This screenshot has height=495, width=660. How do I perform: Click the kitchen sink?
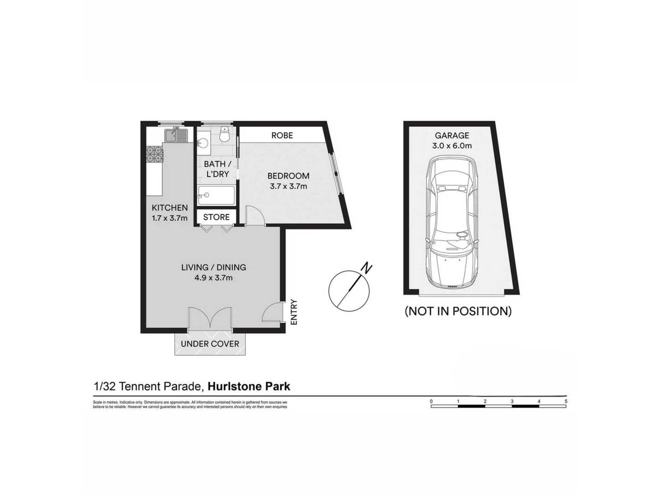click(x=176, y=135)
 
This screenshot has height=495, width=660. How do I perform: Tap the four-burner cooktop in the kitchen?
click(x=155, y=154)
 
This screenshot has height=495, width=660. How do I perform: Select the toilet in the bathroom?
click(x=225, y=134)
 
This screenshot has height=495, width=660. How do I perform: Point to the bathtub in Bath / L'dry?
click(x=216, y=195)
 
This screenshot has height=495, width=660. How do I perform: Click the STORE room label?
click(x=216, y=217)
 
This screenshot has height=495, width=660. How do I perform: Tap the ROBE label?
click(x=282, y=135)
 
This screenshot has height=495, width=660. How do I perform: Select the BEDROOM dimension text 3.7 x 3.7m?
click(x=288, y=186)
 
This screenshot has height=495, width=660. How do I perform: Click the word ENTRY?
click(x=294, y=312)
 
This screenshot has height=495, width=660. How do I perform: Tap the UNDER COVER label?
click(x=210, y=344)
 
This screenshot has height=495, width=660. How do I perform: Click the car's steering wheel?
click(x=461, y=235)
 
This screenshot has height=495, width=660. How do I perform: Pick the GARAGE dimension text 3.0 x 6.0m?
click(x=452, y=146)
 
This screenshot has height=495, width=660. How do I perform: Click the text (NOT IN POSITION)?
click(x=458, y=311)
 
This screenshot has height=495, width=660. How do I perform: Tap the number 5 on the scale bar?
click(x=566, y=401)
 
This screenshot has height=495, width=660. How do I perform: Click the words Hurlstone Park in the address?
click(x=249, y=386)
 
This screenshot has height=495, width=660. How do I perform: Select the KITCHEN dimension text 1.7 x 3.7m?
click(x=170, y=218)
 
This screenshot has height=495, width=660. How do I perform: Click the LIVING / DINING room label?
click(x=214, y=267)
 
